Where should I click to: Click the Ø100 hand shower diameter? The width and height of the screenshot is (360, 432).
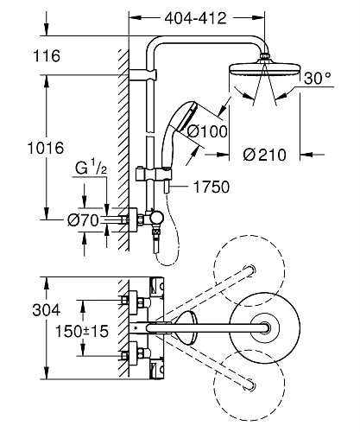206,132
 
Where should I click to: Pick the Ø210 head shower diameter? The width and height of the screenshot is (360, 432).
259,156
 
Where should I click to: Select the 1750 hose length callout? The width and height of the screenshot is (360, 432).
206,184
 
